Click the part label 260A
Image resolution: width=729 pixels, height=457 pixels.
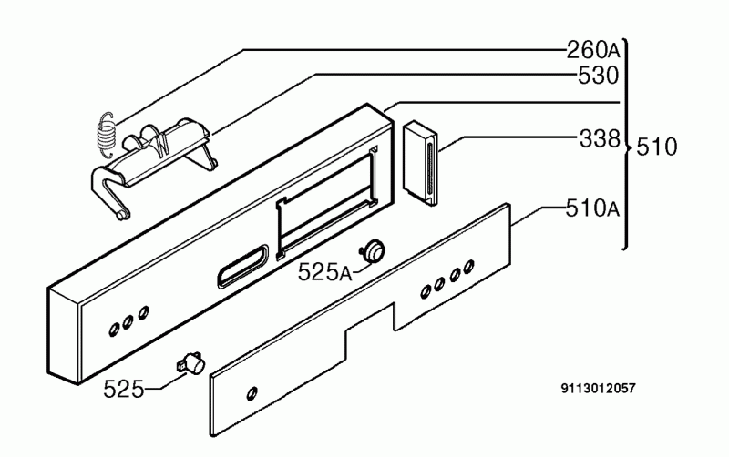[594, 50]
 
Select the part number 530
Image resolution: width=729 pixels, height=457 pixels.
[599, 76]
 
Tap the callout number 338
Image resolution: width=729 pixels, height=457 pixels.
[600, 138]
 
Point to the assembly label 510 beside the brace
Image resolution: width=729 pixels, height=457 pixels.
[656, 147]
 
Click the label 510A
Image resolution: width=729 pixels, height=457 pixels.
[593, 208]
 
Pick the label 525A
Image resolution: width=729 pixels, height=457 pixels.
[325, 272]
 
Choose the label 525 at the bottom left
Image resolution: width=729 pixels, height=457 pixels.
[124, 389]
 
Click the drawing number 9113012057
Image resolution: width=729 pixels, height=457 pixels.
[598, 388]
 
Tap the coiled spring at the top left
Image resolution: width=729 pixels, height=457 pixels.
[106, 135]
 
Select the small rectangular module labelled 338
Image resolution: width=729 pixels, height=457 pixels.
[420, 163]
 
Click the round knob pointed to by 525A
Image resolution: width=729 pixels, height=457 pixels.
[374, 250]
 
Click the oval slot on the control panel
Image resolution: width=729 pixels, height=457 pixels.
[242, 265]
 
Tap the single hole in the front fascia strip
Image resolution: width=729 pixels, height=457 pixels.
[252, 393]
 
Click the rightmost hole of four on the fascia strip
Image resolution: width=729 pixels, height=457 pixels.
[469, 266]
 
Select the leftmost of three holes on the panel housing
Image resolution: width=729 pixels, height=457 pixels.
[113, 330]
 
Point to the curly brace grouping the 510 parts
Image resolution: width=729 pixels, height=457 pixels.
[626, 145]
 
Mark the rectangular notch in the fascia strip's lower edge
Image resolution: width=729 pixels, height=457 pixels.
[370, 317]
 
